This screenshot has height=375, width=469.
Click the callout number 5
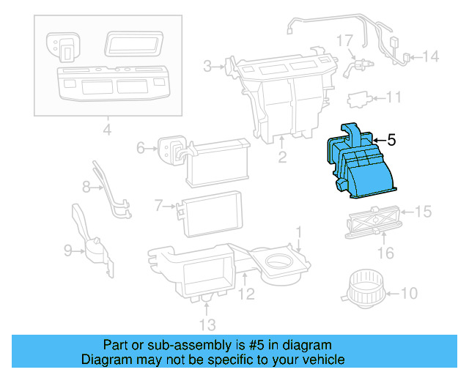tap(391, 137)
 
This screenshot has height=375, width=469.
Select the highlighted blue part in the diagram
tap(359, 165)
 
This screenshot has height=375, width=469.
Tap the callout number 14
tap(430, 56)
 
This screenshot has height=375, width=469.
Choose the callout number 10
tap(408, 294)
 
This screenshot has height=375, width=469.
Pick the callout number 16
tap(385, 253)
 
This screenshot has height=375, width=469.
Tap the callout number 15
tap(424, 212)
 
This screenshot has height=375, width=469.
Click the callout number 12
tap(246, 294)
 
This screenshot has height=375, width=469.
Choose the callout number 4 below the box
tap(107, 132)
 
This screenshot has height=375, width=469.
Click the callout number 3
tap(208, 67)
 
